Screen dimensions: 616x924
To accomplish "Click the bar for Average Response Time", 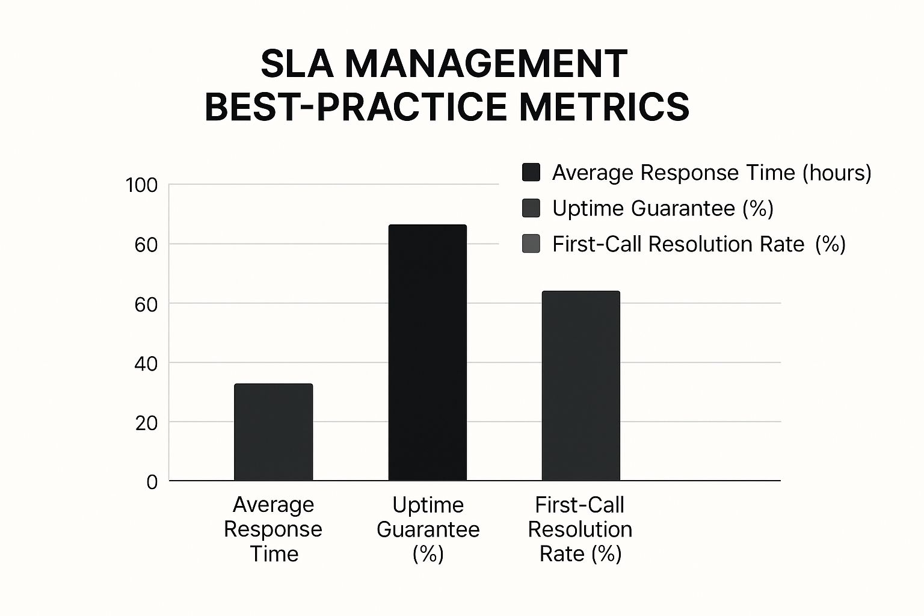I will click(273, 432).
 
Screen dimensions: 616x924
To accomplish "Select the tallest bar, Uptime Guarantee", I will click(427, 353).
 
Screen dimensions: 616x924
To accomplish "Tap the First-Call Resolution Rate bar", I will click(581, 386).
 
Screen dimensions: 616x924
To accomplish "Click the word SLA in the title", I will click(297, 64).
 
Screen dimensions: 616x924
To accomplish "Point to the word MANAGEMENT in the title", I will click(486, 64).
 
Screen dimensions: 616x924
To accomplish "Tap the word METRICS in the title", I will click(604, 107).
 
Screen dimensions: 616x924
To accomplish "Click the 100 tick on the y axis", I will click(141, 185).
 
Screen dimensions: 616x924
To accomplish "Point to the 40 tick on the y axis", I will click(146, 363).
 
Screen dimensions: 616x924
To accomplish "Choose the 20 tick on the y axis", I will click(146, 423).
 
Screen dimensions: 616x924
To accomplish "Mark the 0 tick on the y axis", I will click(152, 482).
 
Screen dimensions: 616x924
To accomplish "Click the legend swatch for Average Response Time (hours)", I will click(531, 173).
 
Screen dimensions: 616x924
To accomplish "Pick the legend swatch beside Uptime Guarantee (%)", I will click(531, 208).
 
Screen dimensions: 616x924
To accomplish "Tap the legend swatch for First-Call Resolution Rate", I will click(531, 244).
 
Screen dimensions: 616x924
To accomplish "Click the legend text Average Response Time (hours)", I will click(712, 173).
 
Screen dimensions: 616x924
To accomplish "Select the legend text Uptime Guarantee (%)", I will click(662, 208).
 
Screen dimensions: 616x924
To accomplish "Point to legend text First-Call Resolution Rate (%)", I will click(699, 244).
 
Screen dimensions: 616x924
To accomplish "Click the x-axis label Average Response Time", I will click(273, 529).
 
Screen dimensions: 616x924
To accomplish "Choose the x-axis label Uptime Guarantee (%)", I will click(428, 529).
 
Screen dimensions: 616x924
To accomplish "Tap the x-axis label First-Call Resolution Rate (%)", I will click(581, 529).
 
